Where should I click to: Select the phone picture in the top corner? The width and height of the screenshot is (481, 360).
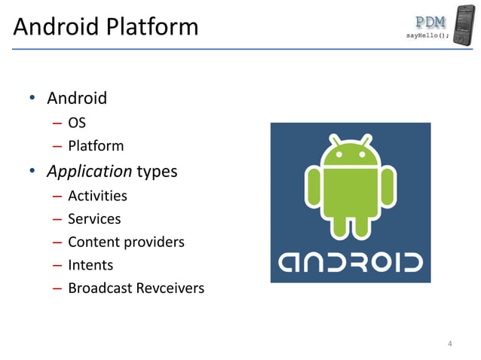click(x=465, y=25)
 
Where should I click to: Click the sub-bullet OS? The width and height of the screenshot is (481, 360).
click(x=77, y=122)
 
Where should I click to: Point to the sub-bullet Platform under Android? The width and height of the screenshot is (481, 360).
click(x=96, y=145)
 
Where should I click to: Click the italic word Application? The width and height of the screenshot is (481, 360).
click(x=90, y=171)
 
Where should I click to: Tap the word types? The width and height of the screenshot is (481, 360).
click(x=157, y=172)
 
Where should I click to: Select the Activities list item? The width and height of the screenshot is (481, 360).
click(x=97, y=196)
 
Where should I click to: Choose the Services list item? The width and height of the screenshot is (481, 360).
click(x=94, y=219)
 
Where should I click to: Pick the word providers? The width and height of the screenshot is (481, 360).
click(x=153, y=243)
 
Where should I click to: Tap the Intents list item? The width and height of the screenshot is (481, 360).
click(x=90, y=265)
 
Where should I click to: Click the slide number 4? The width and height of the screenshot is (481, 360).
click(x=450, y=344)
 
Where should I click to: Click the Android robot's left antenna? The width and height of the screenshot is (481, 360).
click(x=333, y=139)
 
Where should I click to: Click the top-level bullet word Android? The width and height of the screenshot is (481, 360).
click(x=77, y=98)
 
